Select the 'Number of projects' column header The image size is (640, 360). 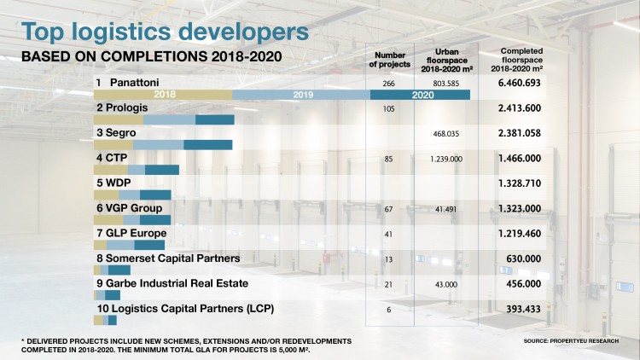(388, 59)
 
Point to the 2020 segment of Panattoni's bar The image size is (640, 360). (422, 95)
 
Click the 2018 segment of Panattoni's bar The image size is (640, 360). (164, 95)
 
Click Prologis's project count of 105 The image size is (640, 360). (388, 108)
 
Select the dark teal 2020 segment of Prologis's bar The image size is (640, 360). (214, 120)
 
